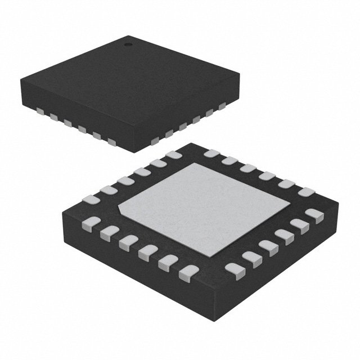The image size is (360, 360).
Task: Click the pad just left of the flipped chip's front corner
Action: pyautogui.click(x=185, y=274)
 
